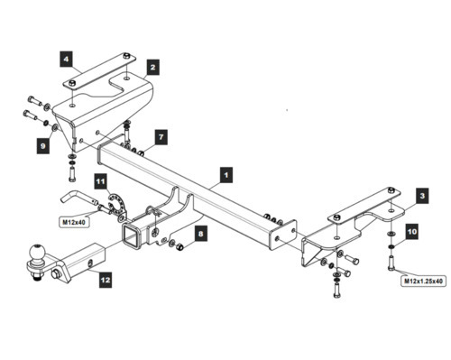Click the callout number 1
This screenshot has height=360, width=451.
[x=226, y=175]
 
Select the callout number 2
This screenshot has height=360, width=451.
[x=153, y=68]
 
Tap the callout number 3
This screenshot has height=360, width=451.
[x=422, y=196]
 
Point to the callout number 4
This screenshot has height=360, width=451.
[x=66, y=59]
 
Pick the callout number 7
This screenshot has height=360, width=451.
[x=161, y=137]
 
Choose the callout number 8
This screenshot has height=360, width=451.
[x=201, y=234]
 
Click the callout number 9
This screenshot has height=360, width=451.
[x=43, y=146]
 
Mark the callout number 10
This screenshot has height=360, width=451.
[x=412, y=232]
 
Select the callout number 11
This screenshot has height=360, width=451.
[x=101, y=181]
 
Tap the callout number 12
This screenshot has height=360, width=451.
[x=106, y=281]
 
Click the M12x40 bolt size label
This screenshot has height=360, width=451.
[x=74, y=222]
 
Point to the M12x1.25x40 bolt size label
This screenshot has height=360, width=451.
[x=423, y=282]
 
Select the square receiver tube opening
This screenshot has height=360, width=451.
[x=131, y=235]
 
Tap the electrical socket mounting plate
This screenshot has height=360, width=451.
[x=117, y=206]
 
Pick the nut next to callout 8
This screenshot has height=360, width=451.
[x=180, y=246]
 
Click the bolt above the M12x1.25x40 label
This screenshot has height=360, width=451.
[x=391, y=263]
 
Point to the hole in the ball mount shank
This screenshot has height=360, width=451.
[x=90, y=263]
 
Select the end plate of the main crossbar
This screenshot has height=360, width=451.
[x=283, y=235]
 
